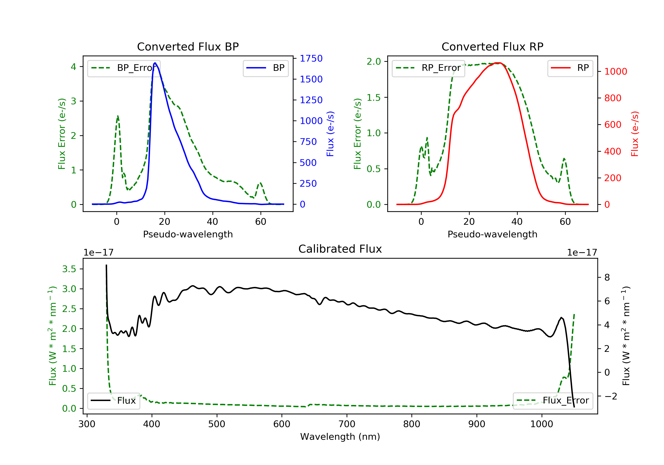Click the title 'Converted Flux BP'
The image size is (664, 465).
pos(188,46)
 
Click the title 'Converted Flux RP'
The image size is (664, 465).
pos(492,46)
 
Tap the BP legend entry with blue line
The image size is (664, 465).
pos(265,68)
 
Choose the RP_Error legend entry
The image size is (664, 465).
pos(428,68)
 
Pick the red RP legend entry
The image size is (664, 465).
pos(570,68)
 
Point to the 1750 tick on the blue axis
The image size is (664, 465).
pos(311,58)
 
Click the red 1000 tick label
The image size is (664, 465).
pos(615,72)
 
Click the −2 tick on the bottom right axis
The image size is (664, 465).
pos(611,396)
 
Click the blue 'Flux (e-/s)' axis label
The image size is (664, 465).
pos(330,134)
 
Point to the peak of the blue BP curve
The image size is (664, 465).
pos(155,63)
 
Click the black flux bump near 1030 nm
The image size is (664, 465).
pos(561,318)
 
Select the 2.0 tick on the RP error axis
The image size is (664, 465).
pos(374,61)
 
